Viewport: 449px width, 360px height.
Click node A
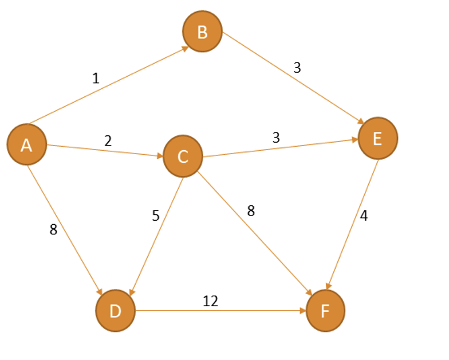tap(26, 145)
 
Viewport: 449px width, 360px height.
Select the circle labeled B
tap(202, 32)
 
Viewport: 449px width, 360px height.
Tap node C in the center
tap(183, 156)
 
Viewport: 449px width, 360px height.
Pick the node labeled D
tap(115, 311)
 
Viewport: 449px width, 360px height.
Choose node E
tap(377, 138)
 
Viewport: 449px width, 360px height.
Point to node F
tap(325, 311)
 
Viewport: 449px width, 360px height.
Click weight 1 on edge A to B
tap(96, 79)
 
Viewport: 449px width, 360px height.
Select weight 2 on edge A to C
tap(108, 140)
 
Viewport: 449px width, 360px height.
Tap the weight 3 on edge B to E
tap(297, 68)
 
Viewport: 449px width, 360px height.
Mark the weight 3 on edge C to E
tap(276, 138)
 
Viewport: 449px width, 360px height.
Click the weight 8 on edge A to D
tap(53, 230)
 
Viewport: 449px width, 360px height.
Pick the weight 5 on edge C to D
tap(155, 216)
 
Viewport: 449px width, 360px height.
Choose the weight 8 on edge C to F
tap(251, 211)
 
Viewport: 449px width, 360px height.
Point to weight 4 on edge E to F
tap(363, 217)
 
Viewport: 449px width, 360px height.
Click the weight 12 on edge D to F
tap(210, 301)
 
